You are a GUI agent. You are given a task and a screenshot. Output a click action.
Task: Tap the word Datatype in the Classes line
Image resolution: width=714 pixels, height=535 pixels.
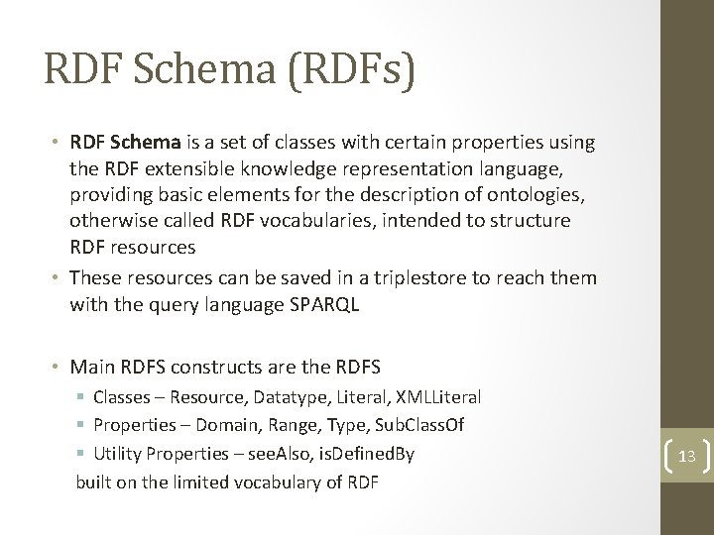pos(301,397)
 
